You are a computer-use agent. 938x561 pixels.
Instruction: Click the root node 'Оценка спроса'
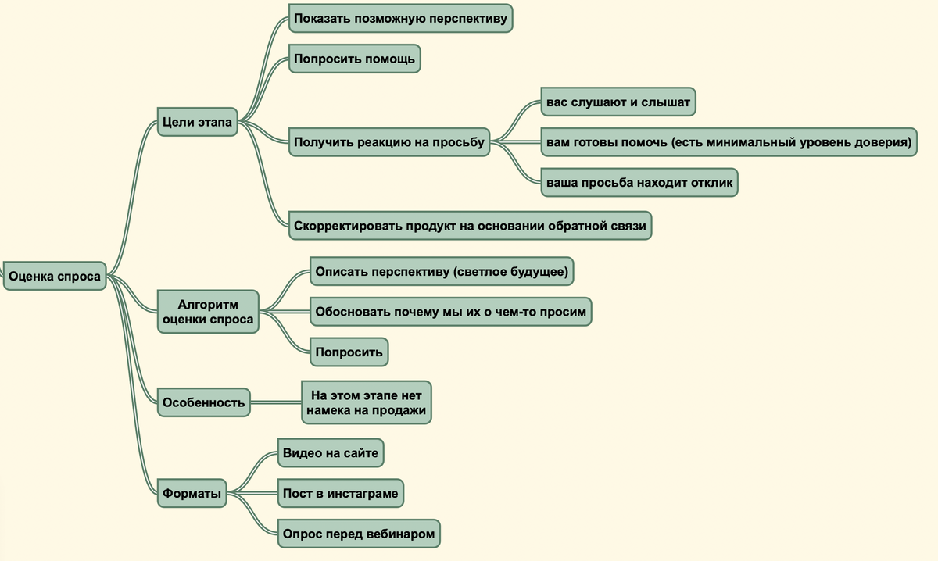tap(55, 276)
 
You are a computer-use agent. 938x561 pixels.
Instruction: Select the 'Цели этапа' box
tap(197, 122)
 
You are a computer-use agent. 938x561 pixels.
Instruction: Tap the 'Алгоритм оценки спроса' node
tap(208, 312)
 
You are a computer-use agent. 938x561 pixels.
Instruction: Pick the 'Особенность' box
tap(203, 402)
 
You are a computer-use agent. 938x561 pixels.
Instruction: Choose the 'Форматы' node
tap(192, 493)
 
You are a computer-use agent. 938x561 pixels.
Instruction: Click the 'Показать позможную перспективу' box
tap(401, 19)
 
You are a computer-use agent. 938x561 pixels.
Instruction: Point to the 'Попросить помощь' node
tap(355, 59)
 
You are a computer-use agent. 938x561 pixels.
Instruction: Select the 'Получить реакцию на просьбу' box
tap(389, 142)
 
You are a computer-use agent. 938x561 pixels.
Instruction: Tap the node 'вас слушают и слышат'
tap(618, 102)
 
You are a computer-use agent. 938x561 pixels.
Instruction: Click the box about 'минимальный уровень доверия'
tap(729, 142)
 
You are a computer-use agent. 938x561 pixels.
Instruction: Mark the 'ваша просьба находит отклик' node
tap(639, 183)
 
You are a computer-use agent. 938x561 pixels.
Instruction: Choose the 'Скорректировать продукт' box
tap(471, 226)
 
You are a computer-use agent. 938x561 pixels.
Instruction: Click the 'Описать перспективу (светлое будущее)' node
tap(442, 271)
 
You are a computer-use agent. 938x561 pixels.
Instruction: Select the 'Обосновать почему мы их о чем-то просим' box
tap(451, 312)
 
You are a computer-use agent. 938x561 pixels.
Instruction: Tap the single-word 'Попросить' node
tap(349, 352)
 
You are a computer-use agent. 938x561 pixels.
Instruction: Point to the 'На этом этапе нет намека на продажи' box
tap(367, 402)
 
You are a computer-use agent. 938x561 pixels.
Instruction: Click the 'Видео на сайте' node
tap(331, 453)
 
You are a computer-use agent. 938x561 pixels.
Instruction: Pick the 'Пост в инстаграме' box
tap(341, 493)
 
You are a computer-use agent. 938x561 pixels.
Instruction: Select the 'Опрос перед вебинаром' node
tap(359, 534)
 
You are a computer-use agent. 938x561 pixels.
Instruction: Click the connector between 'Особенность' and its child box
tap(276, 402)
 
